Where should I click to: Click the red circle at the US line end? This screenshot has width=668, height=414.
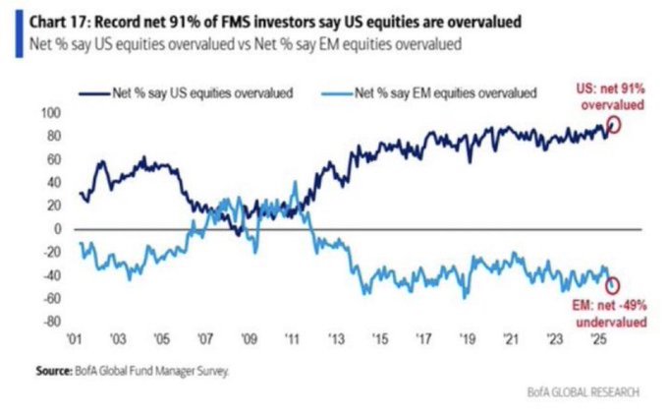click(x=615, y=124)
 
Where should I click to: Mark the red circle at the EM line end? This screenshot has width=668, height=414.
click(x=614, y=285)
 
